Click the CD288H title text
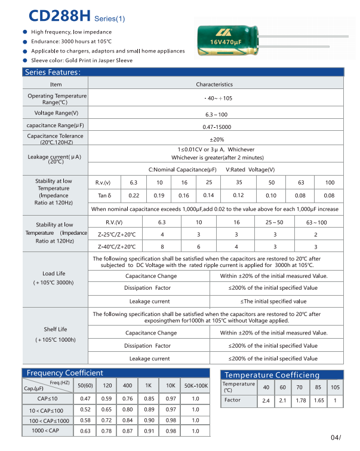[56, 15]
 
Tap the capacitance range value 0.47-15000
[216, 127]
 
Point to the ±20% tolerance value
[216, 139]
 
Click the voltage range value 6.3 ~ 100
[216, 114]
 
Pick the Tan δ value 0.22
[134, 195]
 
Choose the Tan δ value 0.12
[238, 195]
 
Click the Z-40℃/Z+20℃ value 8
[162, 246]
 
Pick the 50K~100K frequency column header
[195, 386]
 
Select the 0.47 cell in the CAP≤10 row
[85, 398]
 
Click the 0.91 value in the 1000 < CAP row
[149, 431]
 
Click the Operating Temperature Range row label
[57, 99]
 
